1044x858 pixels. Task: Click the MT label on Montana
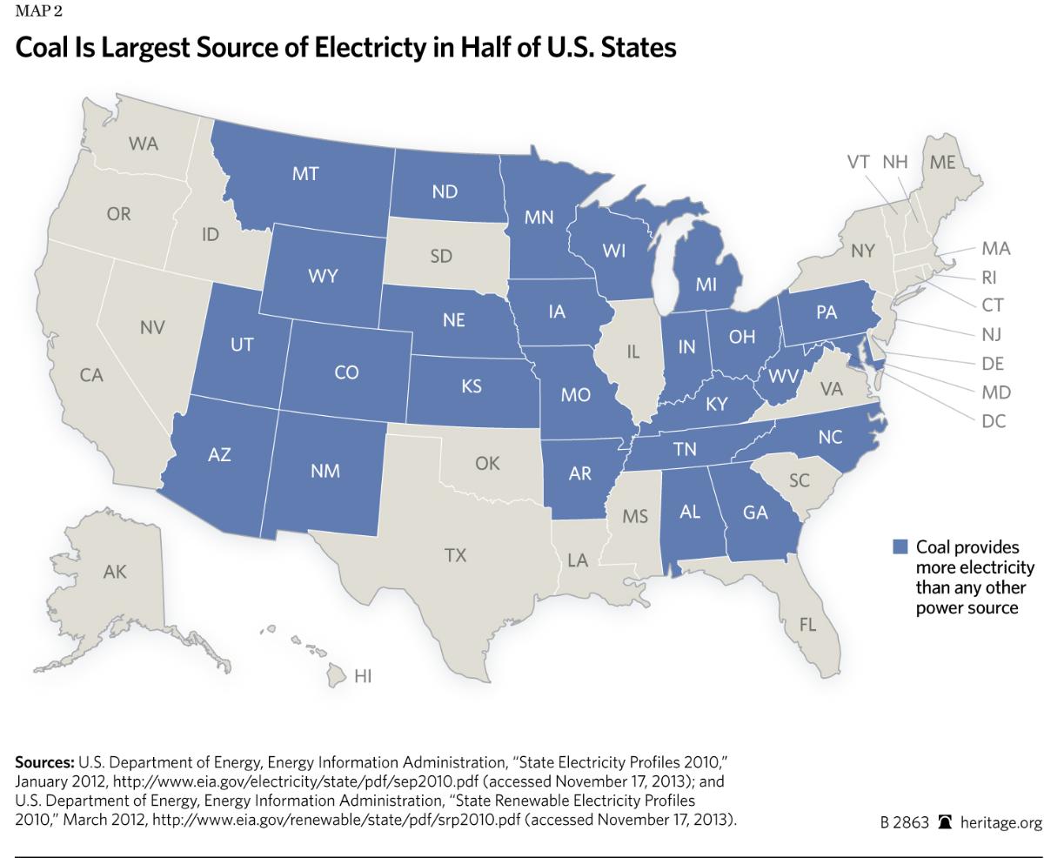[x=304, y=174]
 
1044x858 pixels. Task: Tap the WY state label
[x=323, y=277]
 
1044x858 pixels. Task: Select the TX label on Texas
[x=455, y=555]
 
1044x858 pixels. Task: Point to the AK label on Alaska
[x=115, y=572]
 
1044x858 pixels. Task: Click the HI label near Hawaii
[x=363, y=675]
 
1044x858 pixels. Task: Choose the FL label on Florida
[x=807, y=625]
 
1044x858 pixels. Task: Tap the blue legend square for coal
[x=900, y=546]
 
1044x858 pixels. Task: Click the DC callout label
[x=994, y=421]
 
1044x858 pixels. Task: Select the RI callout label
[x=989, y=278]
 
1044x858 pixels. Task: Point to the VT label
[x=859, y=162]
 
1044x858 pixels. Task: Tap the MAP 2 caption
[x=38, y=11]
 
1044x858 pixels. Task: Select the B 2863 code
[x=904, y=823]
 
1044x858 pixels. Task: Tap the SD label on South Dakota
[x=441, y=257]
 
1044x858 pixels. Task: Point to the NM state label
[x=325, y=471]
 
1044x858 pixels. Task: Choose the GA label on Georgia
[x=755, y=513]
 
